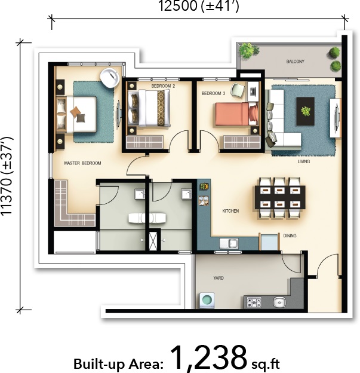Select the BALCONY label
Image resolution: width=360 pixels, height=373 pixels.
(x=295, y=62)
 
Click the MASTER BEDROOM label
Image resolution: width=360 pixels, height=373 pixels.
(x=82, y=163)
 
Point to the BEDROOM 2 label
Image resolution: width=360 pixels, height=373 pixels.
(x=162, y=87)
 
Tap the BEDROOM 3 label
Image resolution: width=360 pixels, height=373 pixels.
(x=213, y=94)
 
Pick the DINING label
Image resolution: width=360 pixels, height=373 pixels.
(x=290, y=236)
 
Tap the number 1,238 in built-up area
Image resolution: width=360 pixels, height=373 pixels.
(x=208, y=357)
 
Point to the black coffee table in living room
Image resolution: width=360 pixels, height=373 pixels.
(x=306, y=111)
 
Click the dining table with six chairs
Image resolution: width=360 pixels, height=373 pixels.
(x=280, y=197)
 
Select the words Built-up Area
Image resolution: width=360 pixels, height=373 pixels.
(x=117, y=363)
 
